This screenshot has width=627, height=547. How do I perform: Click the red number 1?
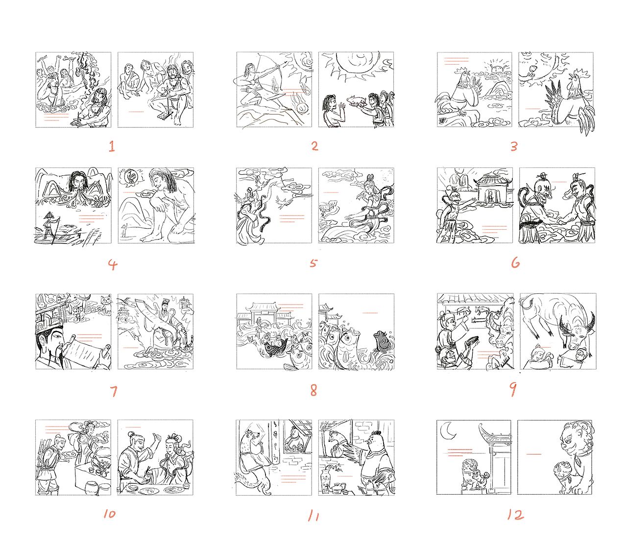tap(112, 146)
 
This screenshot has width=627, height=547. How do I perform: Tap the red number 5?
tap(313, 263)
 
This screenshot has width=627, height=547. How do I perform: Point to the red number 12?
tap(515, 515)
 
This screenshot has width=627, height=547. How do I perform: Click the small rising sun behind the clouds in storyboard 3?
tap(494, 67)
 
